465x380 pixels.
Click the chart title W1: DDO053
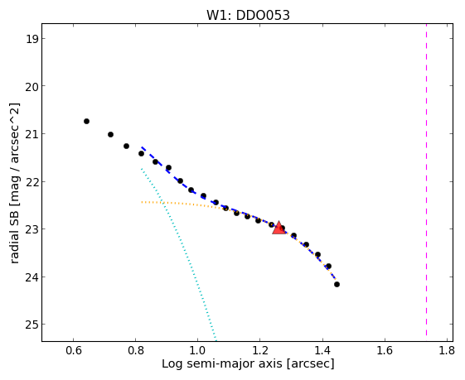click(248, 16)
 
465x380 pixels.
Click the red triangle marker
click(279, 228)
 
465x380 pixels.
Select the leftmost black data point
click(86, 121)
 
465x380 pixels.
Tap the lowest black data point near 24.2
click(337, 284)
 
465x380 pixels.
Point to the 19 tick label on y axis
click(32, 39)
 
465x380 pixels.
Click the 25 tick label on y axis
click(32, 325)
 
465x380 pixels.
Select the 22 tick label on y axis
click(32, 181)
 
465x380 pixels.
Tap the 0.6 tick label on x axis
click(73, 351)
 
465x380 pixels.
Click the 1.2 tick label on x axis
click(260, 351)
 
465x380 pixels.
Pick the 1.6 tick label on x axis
click(385, 351)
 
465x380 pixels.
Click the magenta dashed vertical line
click(426, 180)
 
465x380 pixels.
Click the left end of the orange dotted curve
click(142, 202)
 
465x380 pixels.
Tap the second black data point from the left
click(110, 134)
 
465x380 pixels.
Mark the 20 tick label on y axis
click(32, 86)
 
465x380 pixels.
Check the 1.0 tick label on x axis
click(198, 351)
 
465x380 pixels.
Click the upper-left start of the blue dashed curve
click(142, 147)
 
